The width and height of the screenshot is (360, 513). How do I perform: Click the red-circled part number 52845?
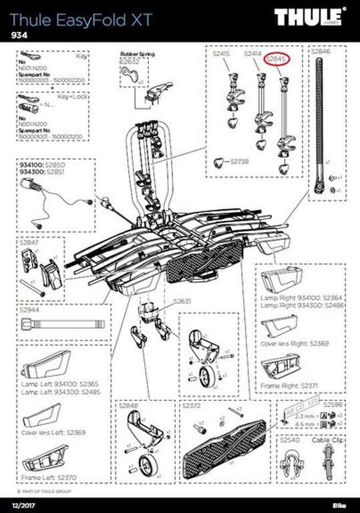276,59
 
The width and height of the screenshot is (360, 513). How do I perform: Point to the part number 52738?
239,162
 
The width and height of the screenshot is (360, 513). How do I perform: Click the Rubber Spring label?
137,52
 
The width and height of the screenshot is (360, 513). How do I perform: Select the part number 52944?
30,310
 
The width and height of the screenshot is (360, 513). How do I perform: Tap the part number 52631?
182,302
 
